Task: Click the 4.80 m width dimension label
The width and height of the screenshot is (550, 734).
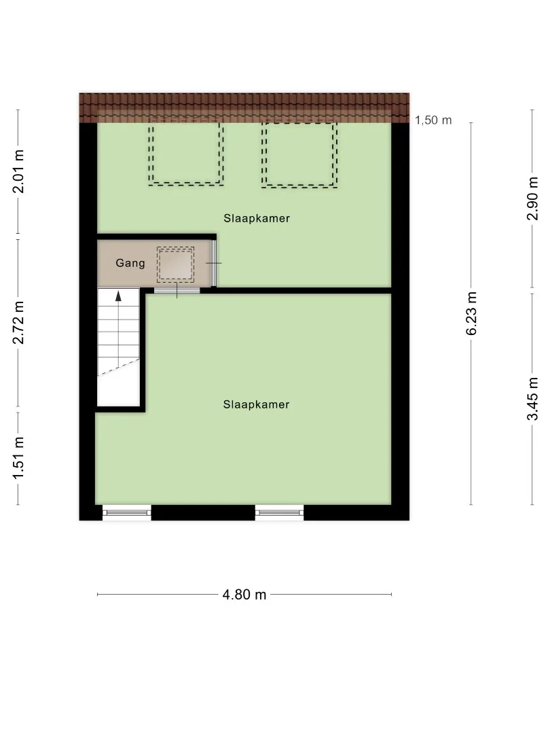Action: [x=244, y=595]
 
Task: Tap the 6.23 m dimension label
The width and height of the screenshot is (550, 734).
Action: [x=471, y=313]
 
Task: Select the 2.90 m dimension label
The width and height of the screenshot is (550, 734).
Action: [x=533, y=198]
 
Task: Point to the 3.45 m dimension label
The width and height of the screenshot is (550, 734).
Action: [x=533, y=399]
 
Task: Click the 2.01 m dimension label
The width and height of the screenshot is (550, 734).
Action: [x=18, y=171]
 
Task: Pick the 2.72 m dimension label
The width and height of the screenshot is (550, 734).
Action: [x=18, y=323]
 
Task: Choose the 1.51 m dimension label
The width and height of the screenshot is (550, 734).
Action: [x=18, y=458]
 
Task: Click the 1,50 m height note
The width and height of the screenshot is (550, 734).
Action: [x=433, y=120]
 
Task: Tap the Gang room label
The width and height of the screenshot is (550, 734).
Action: [x=130, y=263]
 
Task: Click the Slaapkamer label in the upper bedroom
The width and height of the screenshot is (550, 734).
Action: [x=257, y=218]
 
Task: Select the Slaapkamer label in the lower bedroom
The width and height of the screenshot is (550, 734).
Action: [x=256, y=404]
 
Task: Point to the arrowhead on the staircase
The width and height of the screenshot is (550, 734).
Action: [x=118, y=296]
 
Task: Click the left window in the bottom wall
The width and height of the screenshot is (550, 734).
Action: [x=127, y=512]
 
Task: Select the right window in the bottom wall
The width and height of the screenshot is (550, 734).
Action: [x=279, y=512]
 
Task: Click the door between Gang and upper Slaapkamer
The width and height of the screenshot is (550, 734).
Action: [x=214, y=263]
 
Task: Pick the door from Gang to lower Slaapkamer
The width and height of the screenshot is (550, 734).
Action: [x=177, y=291]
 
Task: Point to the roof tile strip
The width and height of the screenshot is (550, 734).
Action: [x=244, y=107]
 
